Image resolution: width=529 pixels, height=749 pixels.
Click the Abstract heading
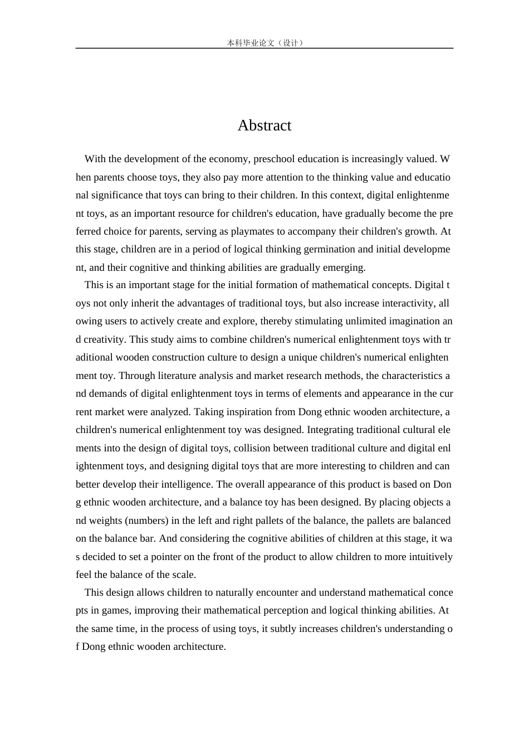pos(264,125)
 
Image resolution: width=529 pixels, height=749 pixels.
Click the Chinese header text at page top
pos(265,43)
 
